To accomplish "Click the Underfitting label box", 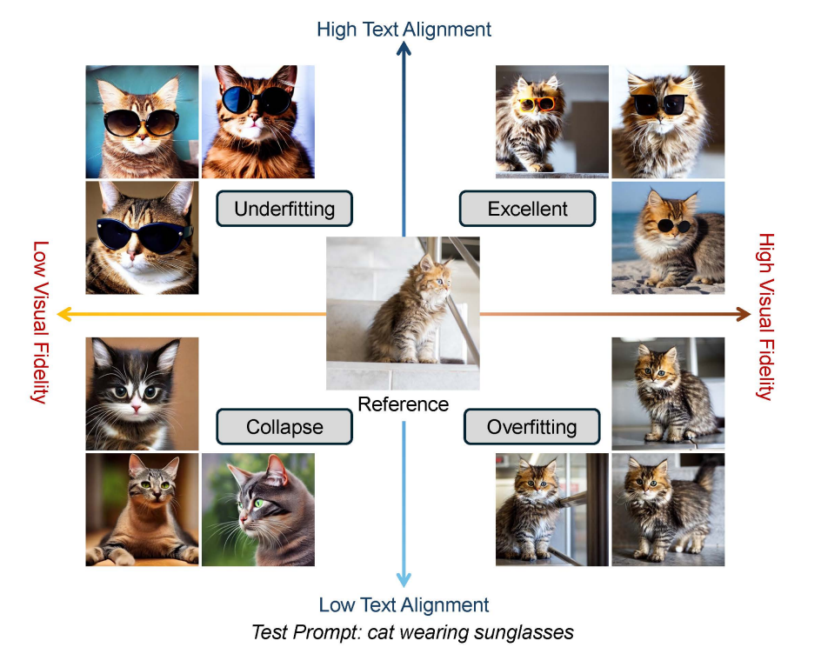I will (x=284, y=209).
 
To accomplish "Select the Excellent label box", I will (x=527, y=209).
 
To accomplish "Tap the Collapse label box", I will (x=284, y=427).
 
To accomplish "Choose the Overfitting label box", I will (x=531, y=427).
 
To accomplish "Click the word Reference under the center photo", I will (x=403, y=404).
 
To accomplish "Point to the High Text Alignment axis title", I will (x=404, y=30).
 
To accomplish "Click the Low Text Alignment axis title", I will (x=404, y=605).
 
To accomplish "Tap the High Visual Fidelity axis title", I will (x=765, y=317).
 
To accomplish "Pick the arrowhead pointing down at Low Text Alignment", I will (x=404, y=579).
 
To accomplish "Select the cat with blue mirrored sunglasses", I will (x=257, y=122).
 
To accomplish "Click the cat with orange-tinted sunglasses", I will (x=551, y=122).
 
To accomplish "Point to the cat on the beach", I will (x=668, y=237).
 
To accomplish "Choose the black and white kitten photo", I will (x=142, y=394).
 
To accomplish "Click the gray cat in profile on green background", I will (x=257, y=510).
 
